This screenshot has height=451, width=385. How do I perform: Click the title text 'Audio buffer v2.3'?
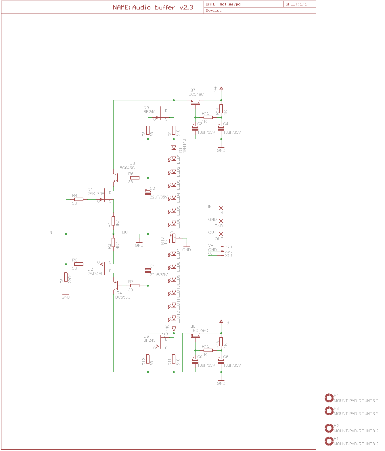[x=162, y=7]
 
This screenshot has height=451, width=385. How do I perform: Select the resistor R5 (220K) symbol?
[x=66, y=277]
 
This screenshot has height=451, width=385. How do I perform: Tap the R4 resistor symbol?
[x=78, y=199]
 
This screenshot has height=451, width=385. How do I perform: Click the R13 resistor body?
[x=208, y=117]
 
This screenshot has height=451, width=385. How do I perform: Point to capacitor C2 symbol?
[x=148, y=193]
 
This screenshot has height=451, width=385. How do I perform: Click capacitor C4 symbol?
[x=221, y=128]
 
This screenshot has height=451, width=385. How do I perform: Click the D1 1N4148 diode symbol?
[x=174, y=148]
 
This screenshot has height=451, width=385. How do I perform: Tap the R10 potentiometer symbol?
[x=174, y=238]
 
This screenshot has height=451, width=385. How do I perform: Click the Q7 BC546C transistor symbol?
[x=195, y=103]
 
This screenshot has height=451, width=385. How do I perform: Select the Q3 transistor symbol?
[x=116, y=177]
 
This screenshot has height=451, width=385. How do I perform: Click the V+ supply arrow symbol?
[x=221, y=88]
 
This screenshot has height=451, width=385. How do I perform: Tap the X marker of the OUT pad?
[x=221, y=234]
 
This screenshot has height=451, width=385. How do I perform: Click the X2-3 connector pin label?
[x=229, y=255]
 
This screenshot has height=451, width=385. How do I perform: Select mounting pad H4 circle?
[x=329, y=398]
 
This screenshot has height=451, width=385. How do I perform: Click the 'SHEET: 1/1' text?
[x=296, y=4]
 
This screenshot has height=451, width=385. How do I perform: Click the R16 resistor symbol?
[x=221, y=342]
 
